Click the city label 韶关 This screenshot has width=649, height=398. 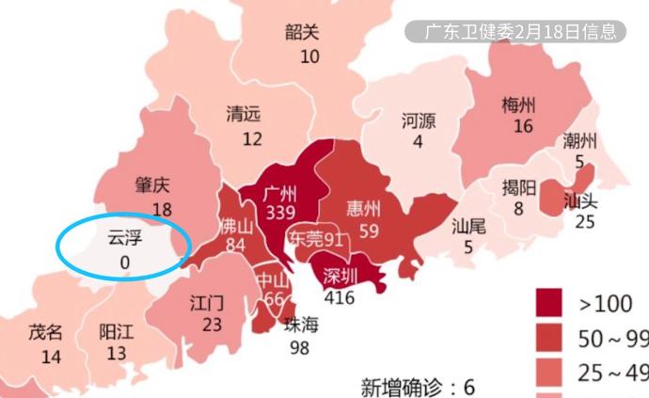tap(302, 32)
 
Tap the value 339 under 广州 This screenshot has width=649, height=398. tap(280, 214)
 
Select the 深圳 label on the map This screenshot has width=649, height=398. tap(340, 276)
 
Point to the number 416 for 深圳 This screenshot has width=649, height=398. tap(340, 296)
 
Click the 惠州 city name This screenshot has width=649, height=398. tap(363, 208)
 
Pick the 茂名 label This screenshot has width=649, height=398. tap(45, 332)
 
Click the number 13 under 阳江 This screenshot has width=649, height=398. tap(117, 354)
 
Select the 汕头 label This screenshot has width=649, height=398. tap(579, 200)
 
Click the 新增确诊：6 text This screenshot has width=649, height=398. tap(418, 386)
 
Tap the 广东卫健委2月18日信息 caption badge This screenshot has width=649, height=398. tap(515, 31)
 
